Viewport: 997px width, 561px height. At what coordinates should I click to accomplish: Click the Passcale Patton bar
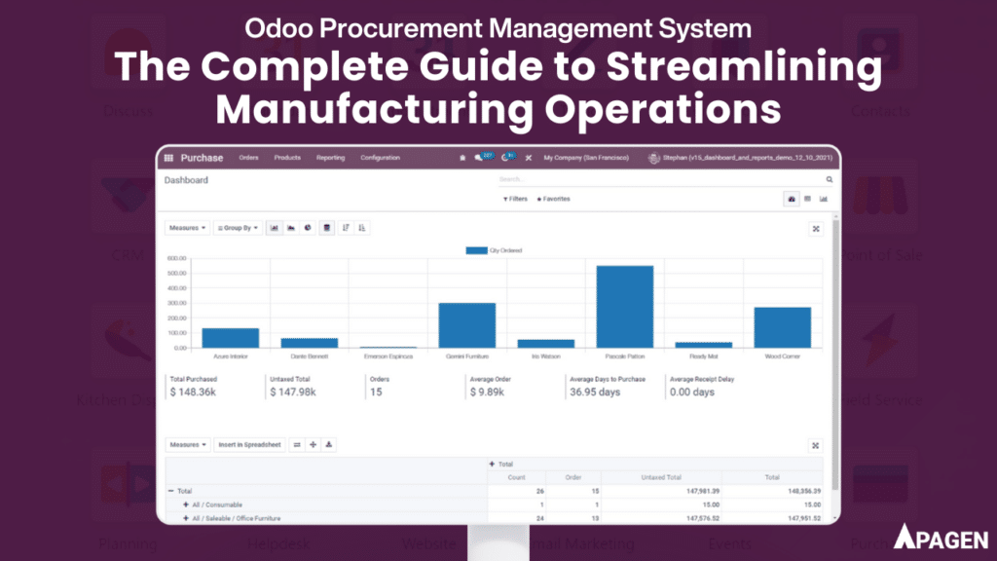[x=625, y=306]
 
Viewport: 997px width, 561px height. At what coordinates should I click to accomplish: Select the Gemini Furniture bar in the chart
[x=467, y=324]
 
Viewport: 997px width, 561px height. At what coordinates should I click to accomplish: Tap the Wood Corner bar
[x=782, y=326]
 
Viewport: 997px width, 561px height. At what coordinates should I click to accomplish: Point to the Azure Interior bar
[x=231, y=337]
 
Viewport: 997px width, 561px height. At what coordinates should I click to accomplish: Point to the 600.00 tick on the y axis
[x=176, y=259]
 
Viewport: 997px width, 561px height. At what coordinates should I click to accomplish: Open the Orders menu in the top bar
[x=250, y=158]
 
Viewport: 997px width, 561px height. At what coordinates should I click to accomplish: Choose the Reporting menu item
[x=330, y=158]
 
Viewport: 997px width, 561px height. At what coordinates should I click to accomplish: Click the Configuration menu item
[x=380, y=158]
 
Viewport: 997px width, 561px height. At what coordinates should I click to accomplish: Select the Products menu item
[x=287, y=158]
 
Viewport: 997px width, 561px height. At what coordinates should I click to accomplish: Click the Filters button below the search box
[x=516, y=199]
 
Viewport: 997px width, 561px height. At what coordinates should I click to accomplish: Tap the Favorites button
[x=554, y=199]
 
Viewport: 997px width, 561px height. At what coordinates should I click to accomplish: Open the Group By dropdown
[x=238, y=228]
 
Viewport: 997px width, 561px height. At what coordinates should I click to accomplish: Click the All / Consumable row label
[x=218, y=505]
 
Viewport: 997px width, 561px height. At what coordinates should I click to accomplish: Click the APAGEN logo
[x=941, y=537]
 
